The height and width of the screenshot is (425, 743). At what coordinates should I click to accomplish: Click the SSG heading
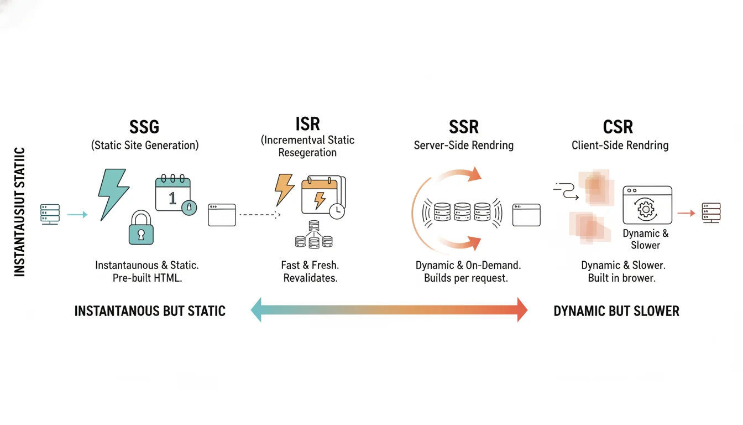tap(144, 127)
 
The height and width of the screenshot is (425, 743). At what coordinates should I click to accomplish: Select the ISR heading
tap(307, 123)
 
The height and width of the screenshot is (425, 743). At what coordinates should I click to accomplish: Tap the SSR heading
tap(464, 127)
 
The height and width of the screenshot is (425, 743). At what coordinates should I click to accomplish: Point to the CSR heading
tap(618, 127)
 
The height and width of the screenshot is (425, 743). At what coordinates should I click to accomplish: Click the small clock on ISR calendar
tap(336, 211)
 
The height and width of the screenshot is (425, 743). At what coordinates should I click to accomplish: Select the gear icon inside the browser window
tap(645, 210)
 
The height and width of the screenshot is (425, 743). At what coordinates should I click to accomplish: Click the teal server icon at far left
tap(50, 214)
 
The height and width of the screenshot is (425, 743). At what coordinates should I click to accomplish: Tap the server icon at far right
tap(711, 212)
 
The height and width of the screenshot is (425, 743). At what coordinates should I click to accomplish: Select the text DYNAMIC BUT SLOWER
tap(616, 311)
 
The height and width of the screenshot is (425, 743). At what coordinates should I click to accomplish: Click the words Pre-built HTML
tap(147, 278)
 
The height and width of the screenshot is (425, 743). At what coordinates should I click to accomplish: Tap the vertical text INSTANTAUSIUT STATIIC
tap(20, 211)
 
